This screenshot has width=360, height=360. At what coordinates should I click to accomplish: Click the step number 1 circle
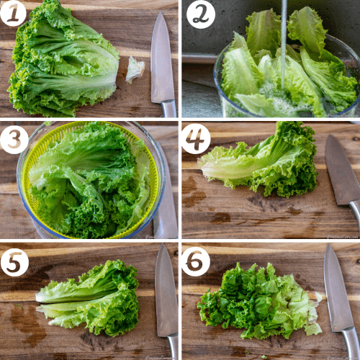click(x=13, y=13)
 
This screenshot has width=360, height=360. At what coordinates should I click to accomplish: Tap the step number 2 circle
click(x=200, y=14)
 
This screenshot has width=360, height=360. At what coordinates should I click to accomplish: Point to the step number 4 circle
click(x=196, y=138)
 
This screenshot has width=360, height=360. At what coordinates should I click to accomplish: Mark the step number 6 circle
click(x=196, y=261)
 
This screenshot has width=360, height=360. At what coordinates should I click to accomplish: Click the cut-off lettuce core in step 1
click(x=135, y=69)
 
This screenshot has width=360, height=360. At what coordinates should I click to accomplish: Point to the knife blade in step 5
click(x=165, y=288)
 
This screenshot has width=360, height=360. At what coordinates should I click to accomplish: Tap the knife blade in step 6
click(x=336, y=288)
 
